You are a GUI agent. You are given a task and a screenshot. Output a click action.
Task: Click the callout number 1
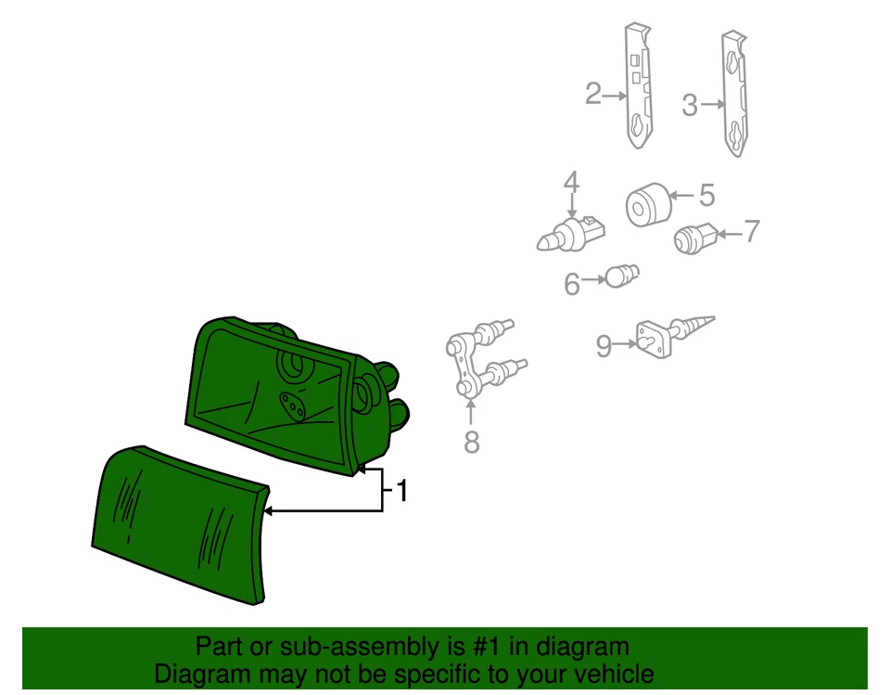pyautogui.click(x=402, y=491)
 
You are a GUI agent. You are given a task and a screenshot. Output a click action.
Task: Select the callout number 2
pyautogui.click(x=593, y=94)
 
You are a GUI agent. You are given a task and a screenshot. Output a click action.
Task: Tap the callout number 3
pyautogui.click(x=689, y=105)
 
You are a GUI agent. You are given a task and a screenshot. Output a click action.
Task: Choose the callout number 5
pyautogui.click(x=707, y=195)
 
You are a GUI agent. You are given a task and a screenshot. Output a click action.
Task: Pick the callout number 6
pyautogui.click(x=572, y=284)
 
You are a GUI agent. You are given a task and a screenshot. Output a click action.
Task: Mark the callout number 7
pyautogui.click(x=751, y=231)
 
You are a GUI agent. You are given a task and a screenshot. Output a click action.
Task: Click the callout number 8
pyautogui.click(x=472, y=443)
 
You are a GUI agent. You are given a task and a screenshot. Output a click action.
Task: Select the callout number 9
pyautogui.click(x=604, y=347)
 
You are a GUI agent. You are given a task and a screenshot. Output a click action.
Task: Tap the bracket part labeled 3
pyautogui.click(x=734, y=93)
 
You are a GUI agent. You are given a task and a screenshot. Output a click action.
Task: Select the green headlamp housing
pyautogui.click(x=278, y=390)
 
